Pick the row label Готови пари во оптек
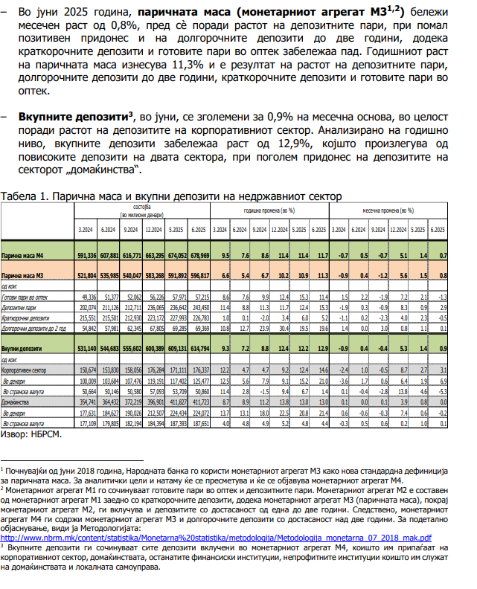point(26,296)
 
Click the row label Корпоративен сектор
point(28,369)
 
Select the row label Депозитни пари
point(21,306)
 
